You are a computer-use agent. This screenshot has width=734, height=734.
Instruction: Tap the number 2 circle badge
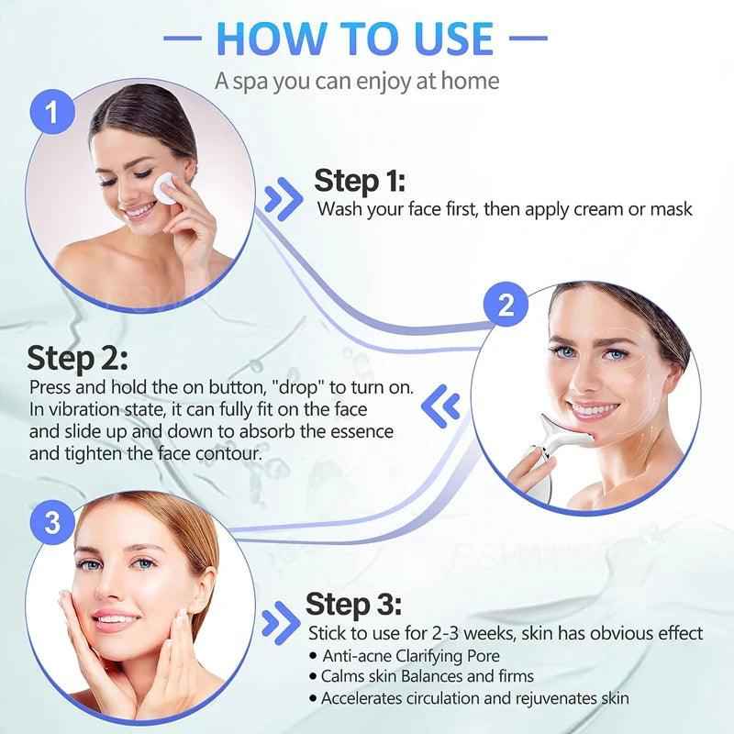[506, 306]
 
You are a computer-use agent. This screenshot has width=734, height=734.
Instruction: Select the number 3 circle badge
[52, 523]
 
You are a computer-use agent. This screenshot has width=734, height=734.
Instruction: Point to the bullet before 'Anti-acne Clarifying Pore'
[314, 656]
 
